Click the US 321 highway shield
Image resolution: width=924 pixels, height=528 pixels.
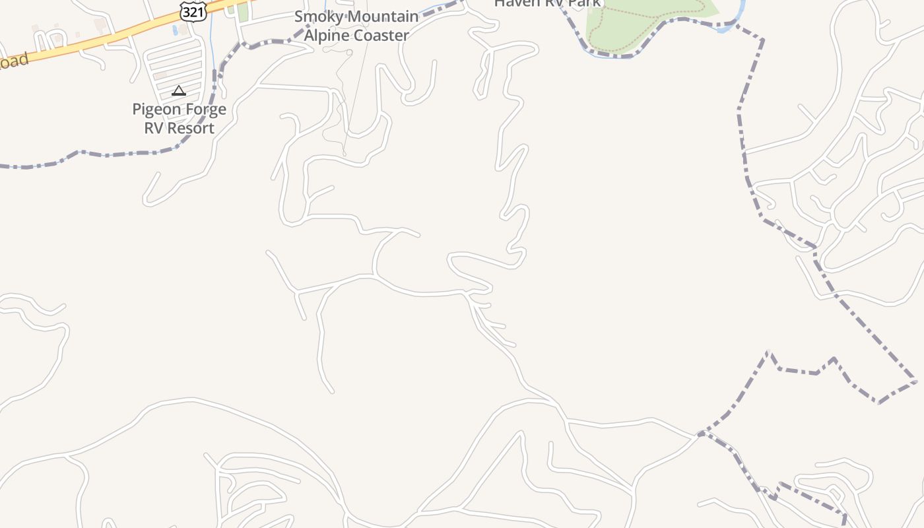(193, 11)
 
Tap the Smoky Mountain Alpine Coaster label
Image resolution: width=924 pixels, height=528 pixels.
(356, 26)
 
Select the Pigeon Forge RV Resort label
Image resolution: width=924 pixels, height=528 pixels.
(180, 119)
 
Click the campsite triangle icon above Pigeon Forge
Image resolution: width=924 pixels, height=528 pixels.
(178, 90)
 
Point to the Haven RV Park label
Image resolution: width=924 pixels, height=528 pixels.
(548, 3)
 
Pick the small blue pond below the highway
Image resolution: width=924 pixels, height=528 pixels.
(174, 30)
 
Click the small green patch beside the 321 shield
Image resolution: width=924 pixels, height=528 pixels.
(243, 12)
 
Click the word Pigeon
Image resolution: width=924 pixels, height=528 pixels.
(156, 110)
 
